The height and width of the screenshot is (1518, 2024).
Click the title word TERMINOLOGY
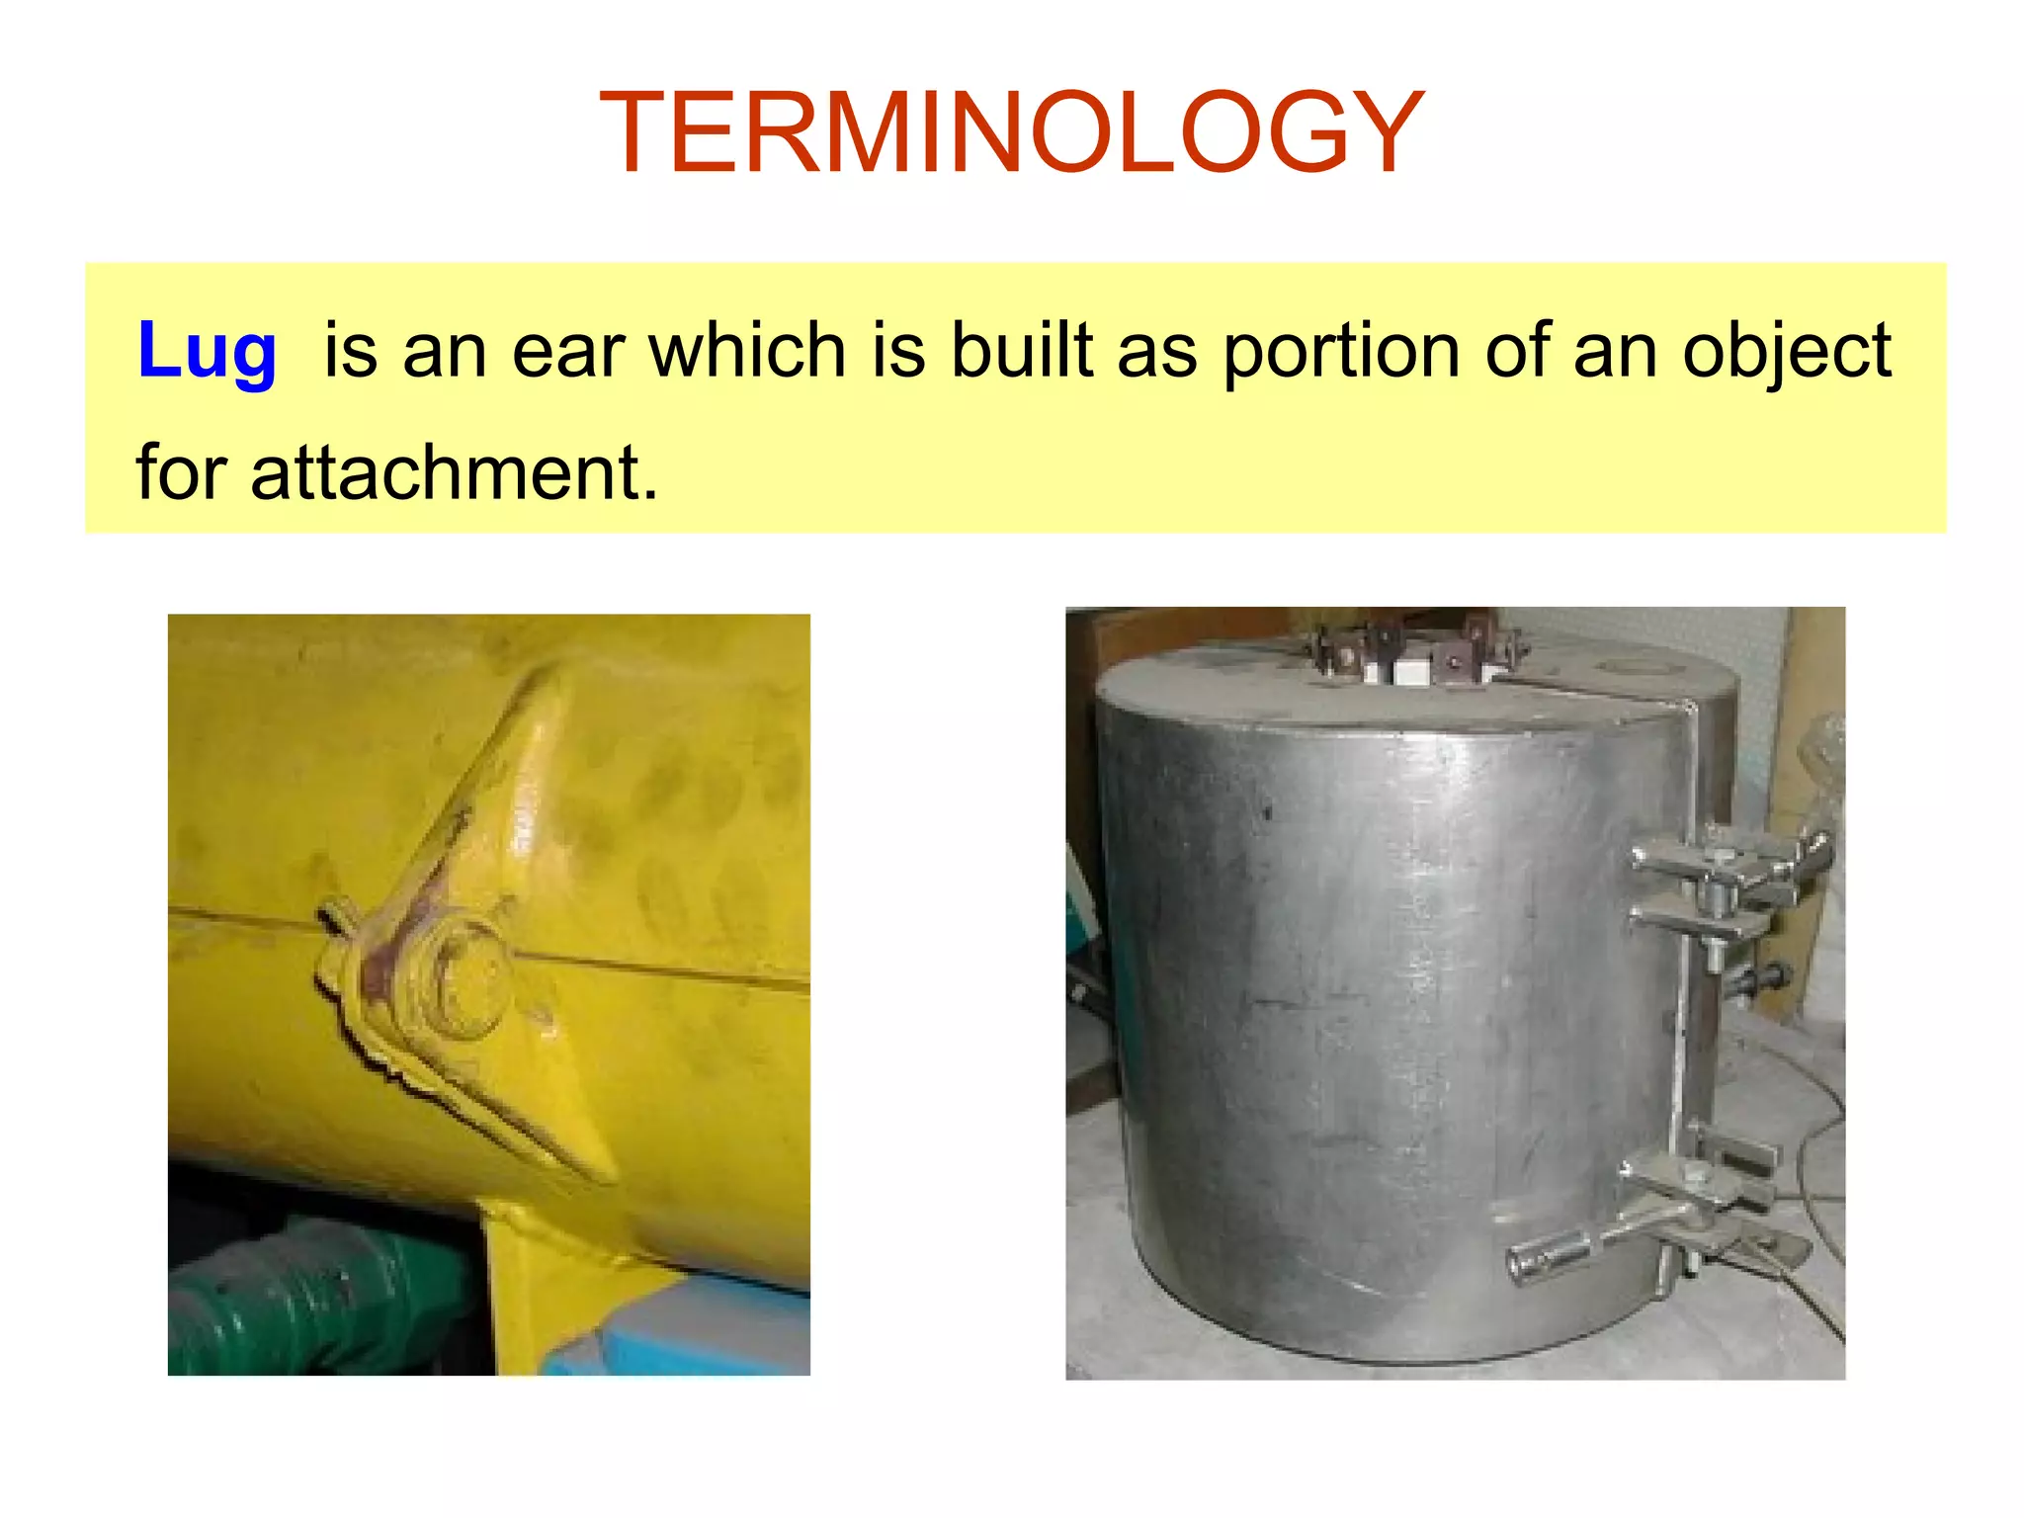(1011, 133)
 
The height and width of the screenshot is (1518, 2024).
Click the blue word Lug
(207, 351)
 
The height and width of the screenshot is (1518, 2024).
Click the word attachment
(454, 472)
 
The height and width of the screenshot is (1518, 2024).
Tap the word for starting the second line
(182, 472)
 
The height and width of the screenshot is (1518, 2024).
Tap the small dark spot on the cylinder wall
(1267, 813)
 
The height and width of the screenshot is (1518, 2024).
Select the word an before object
(1615, 351)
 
